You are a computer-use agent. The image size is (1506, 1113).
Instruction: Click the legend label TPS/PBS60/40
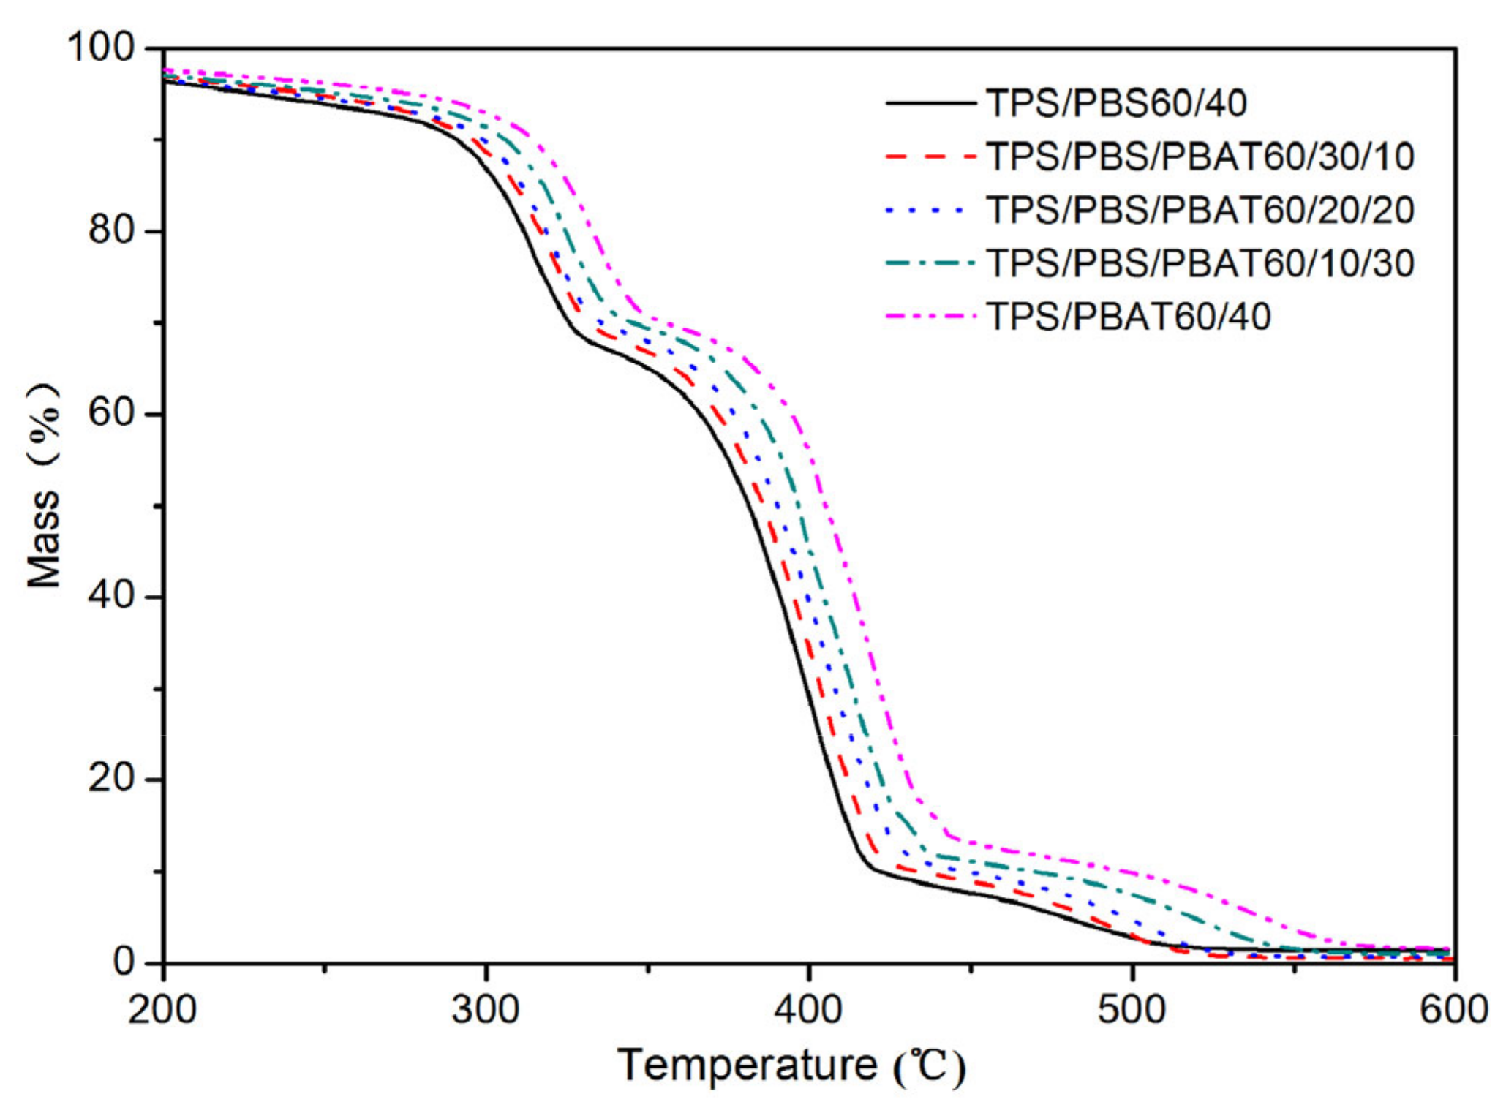click(x=1116, y=103)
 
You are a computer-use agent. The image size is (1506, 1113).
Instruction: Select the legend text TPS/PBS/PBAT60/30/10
click(x=1200, y=156)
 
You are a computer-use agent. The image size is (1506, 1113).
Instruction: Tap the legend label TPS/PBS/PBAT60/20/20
click(x=1200, y=210)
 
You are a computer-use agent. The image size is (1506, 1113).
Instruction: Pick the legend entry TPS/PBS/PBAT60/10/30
click(x=1200, y=263)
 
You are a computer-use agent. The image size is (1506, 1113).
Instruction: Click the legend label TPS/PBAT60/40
click(x=1129, y=317)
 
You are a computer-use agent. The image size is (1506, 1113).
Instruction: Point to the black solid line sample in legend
click(x=930, y=103)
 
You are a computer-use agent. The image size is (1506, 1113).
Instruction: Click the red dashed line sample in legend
click(x=930, y=156)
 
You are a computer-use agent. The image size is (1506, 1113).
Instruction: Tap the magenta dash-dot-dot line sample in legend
click(x=930, y=317)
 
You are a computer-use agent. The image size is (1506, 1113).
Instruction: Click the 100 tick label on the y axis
click(x=102, y=48)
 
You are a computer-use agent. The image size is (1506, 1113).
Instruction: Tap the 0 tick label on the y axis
click(x=124, y=961)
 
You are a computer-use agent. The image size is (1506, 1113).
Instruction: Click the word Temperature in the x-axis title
click(x=747, y=1065)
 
